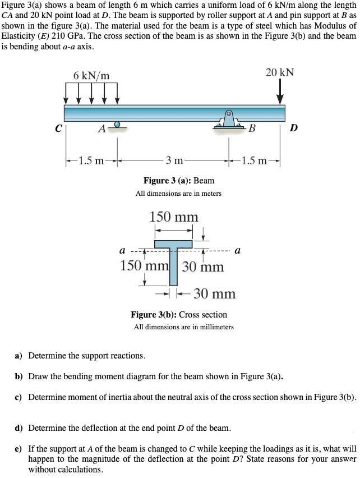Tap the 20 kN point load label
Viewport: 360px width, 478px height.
(x=279, y=73)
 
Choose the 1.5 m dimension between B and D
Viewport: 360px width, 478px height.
(x=257, y=162)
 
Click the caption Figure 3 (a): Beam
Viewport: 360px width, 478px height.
(x=178, y=181)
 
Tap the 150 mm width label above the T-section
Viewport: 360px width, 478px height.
(x=173, y=217)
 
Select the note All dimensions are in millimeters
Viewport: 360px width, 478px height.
(x=183, y=327)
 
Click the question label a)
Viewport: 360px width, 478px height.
(x=19, y=356)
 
